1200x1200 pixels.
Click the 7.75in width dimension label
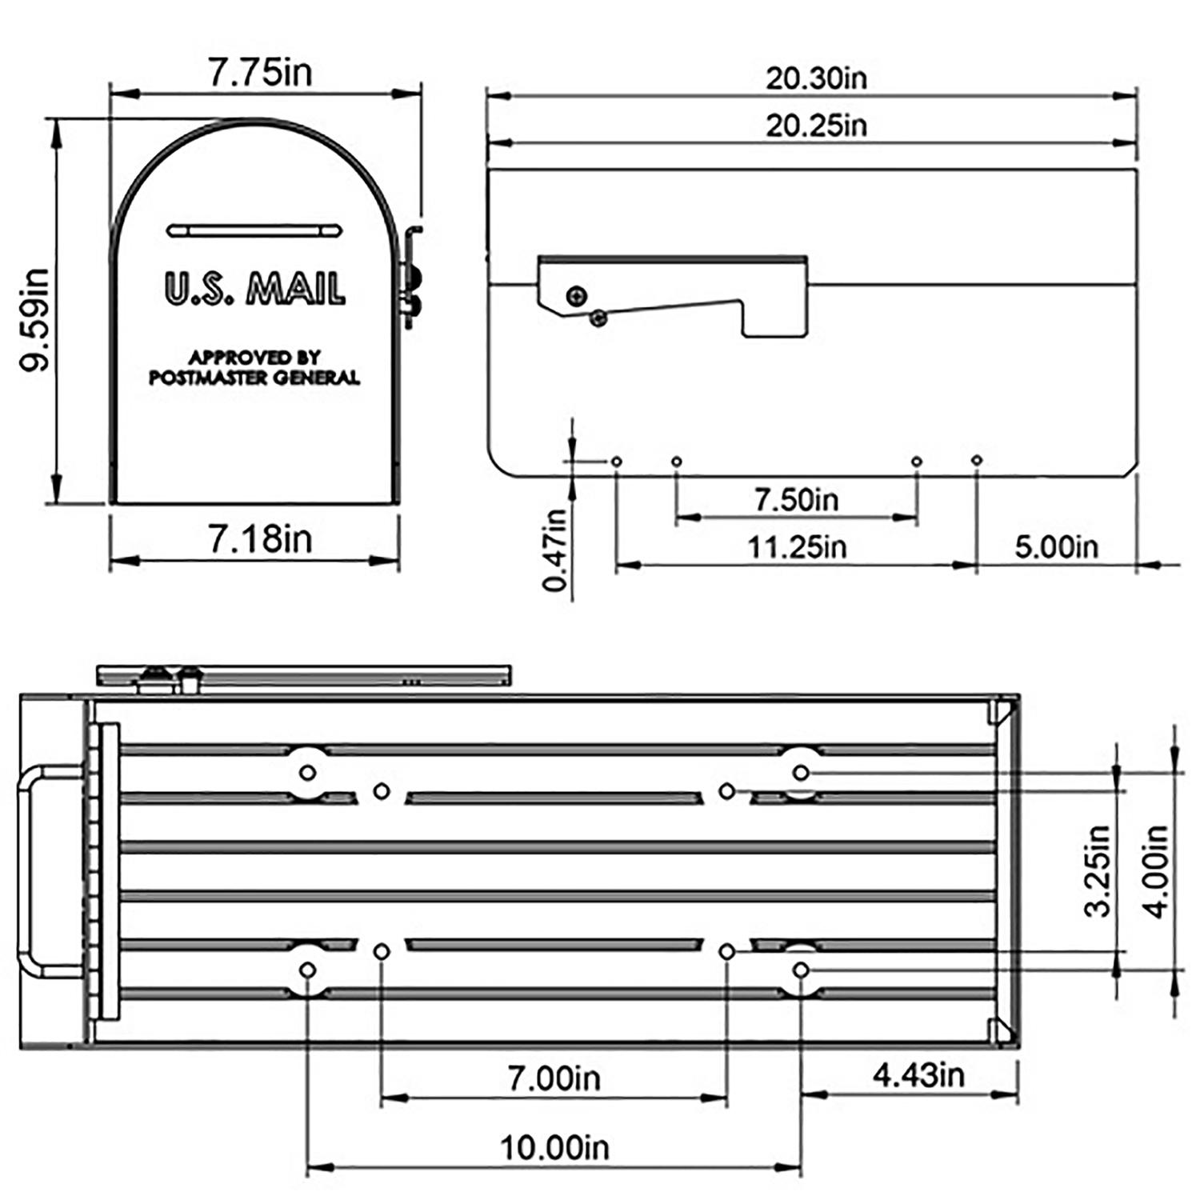pyautogui.click(x=260, y=73)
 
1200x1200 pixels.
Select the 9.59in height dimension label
pyautogui.click(x=36, y=320)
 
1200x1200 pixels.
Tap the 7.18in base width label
pyautogui.click(x=260, y=539)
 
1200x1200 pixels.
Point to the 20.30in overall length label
pyautogui.click(x=816, y=78)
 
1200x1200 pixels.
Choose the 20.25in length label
pyautogui.click(x=816, y=126)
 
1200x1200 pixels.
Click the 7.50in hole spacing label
pyautogui.click(x=796, y=500)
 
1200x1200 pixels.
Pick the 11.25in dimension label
pyautogui.click(x=796, y=548)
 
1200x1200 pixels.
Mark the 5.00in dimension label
pyautogui.click(x=1056, y=548)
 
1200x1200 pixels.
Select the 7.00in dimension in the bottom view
pyautogui.click(x=554, y=1078)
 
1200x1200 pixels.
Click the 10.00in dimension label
pyautogui.click(x=554, y=1148)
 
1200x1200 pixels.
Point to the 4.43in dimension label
pyautogui.click(x=918, y=1075)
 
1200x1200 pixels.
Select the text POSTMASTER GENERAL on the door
pyautogui.click(x=254, y=378)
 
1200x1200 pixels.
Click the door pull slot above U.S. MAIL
pyautogui.click(x=254, y=231)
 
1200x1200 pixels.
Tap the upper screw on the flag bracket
pyautogui.click(x=576, y=296)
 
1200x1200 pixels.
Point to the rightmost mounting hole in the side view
pyautogui.click(x=976, y=460)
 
